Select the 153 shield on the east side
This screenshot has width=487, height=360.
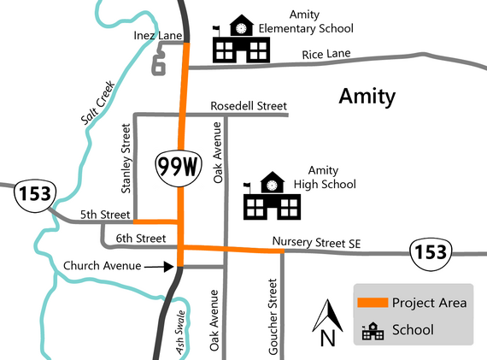pos(427,251)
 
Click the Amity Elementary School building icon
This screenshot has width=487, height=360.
pos(242,39)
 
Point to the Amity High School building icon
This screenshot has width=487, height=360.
pos(272,197)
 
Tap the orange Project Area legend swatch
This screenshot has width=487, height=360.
pos(372,303)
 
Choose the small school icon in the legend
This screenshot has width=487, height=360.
pos(373,330)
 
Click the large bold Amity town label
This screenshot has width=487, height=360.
pos(367,96)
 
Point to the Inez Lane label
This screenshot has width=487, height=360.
pos(155,37)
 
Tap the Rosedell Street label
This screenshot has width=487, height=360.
pos(248,107)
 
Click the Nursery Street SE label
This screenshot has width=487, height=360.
pos(317,243)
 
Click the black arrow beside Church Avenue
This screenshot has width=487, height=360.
pos(158,266)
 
